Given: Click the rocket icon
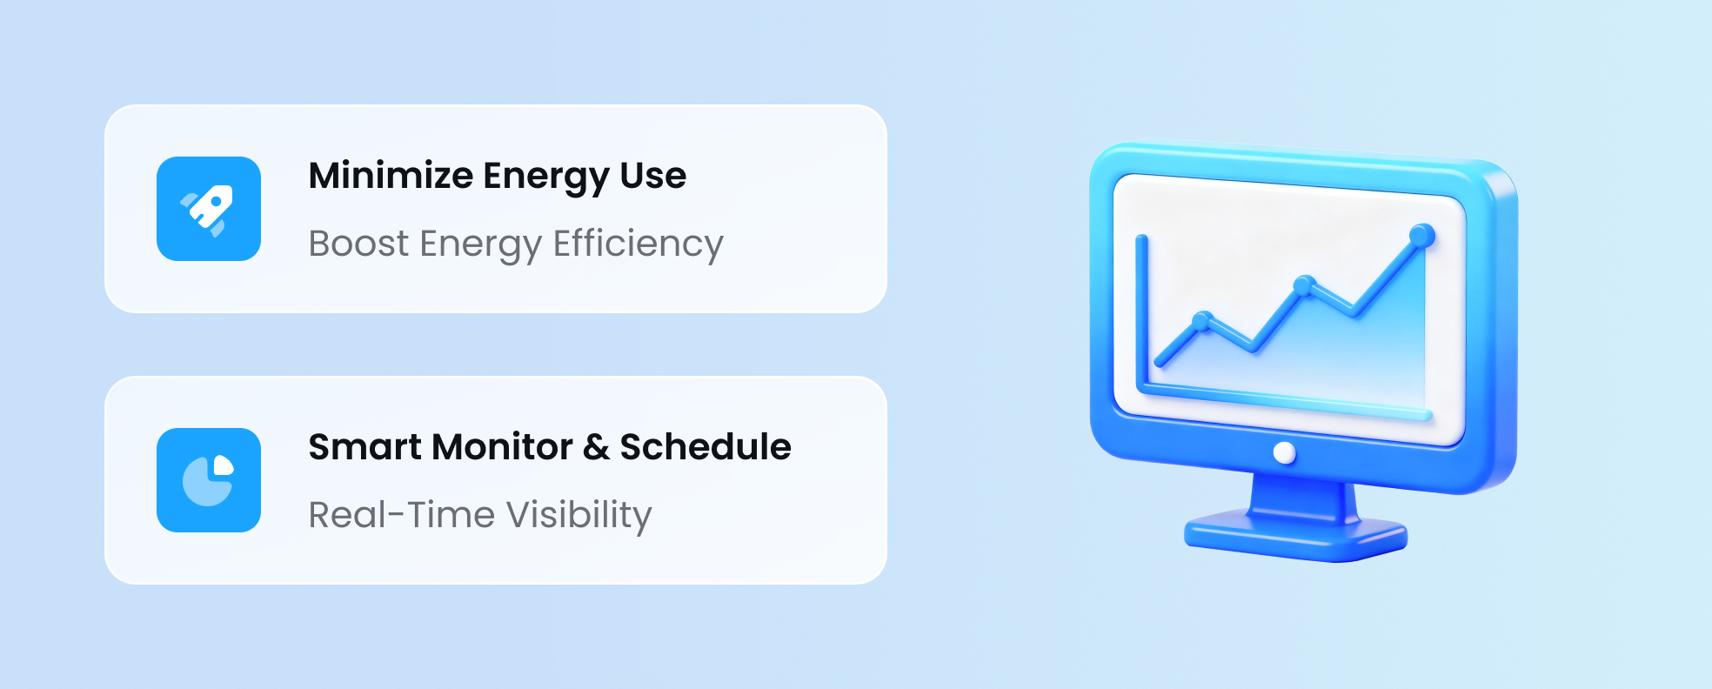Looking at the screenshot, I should coord(209,209).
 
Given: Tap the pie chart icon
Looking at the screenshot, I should coord(209,480).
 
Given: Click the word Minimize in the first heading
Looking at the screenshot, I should coord(391,176).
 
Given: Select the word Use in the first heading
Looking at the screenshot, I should coord(652,176).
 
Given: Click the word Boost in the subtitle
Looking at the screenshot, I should coord(358,244).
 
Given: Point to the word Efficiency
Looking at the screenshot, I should coord(638,244).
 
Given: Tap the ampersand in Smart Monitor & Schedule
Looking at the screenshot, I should coord(596,447).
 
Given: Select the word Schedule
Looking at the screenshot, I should coord(705,447).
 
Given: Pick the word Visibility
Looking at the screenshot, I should coord(578,515).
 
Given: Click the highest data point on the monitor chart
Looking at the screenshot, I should coord(1421,235).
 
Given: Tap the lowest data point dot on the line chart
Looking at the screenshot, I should coord(1202,321).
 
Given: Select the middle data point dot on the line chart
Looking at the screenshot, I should coord(1303,285).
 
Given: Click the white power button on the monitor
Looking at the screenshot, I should coord(1284,452).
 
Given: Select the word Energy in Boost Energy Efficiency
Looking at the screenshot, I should coord(480,244).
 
